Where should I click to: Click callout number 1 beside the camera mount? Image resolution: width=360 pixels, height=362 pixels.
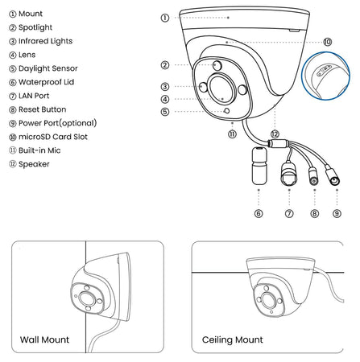(x=165, y=18)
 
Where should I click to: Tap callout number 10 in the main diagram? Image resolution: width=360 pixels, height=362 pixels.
(x=327, y=42)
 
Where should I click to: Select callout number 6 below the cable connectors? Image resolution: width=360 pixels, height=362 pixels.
(x=259, y=213)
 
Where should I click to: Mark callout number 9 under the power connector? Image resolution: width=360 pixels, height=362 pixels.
(x=337, y=213)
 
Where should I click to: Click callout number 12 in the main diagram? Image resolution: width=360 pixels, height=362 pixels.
(x=275, y=134)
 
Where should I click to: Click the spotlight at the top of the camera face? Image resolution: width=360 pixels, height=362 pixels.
(x=217, y=65)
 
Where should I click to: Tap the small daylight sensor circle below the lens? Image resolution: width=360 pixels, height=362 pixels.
(x=226, y=110)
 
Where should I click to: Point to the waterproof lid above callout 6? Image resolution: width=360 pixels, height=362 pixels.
(x=259, y=165)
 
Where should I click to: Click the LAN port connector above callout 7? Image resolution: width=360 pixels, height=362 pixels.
(x=289, y=174)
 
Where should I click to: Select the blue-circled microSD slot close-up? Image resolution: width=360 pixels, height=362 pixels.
(x=326, y=76)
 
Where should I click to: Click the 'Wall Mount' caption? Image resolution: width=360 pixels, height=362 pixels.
(x=44, y=339)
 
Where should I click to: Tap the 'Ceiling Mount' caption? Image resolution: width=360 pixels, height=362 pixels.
(x=233, y=339)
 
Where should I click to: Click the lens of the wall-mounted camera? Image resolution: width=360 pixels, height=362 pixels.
(x=87, y=298)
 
